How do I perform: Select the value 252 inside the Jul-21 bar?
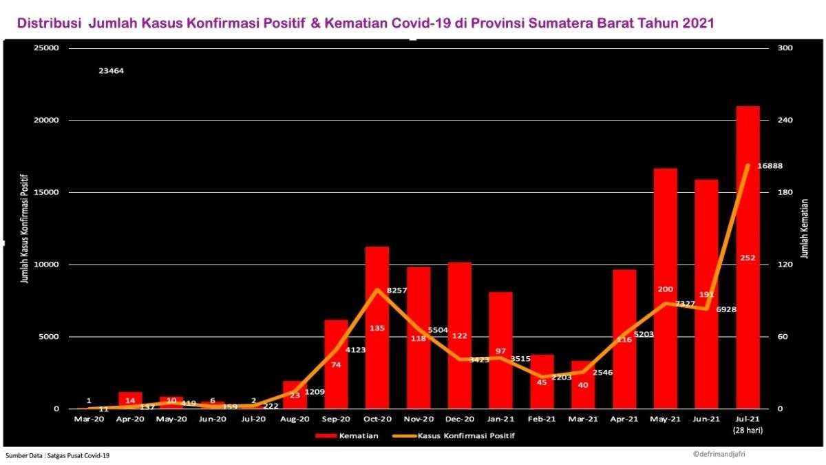pyautogui.click(x=748, y=258)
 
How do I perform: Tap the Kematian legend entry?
pyautogui.click(x=348, y=435)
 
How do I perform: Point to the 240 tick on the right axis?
pyautogui.click(x=785, y=121)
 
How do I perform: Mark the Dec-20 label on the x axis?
pyautogui.click(x=460, y=419)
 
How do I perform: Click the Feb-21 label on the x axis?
pyautogui.click(x=542, y=419)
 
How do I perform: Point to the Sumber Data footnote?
pyautogui.click(x=58, y=455)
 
